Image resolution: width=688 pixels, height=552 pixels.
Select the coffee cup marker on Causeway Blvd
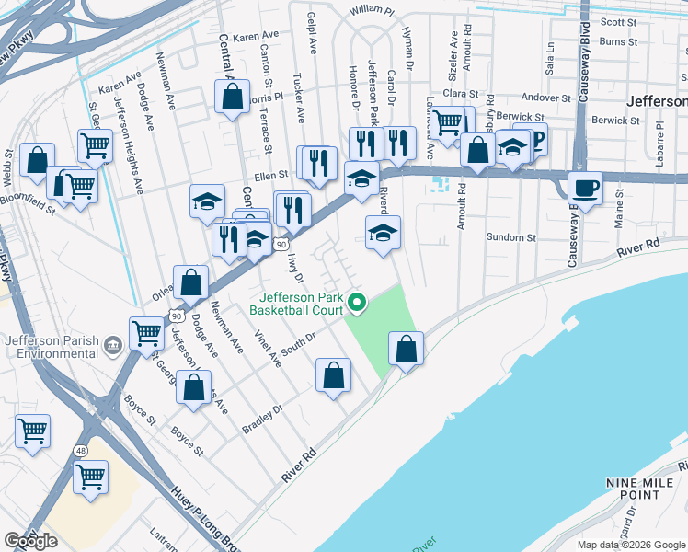[x=585, y=189]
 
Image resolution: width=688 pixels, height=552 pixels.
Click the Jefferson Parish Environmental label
[x=52, y=345]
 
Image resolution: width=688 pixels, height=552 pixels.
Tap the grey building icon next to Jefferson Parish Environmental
[x=113, y=345]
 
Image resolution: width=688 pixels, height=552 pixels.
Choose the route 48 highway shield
[x=82, y=451]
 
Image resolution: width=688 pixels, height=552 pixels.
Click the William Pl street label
[x=372, y=11]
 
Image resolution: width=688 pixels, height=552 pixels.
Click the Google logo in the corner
[x=30, y=540]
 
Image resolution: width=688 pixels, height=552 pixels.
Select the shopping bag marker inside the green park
[x=406, y=350]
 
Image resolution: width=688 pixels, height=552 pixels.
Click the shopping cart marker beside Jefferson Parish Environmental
[x=145, y=335]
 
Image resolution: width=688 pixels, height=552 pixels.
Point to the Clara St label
[x=461, y=94]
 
